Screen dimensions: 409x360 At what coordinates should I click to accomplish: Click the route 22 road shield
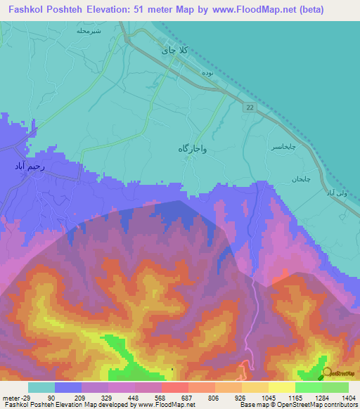(250, 107)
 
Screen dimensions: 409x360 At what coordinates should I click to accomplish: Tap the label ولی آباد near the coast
(336, 193)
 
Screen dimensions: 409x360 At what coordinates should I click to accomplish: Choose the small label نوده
(207, 72)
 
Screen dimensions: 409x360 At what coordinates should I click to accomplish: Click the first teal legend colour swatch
(41, 387)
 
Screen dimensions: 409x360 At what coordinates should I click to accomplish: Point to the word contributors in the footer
(340, 405)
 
